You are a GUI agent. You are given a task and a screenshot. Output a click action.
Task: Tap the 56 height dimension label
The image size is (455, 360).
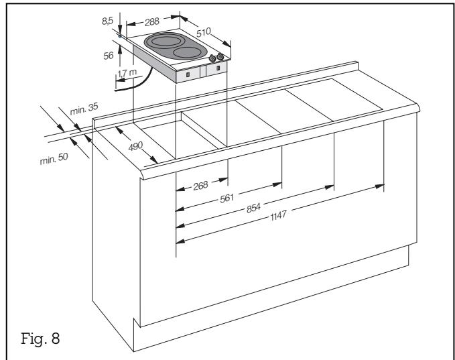107,58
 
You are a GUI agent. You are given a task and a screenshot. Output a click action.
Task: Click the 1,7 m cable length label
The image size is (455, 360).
125,72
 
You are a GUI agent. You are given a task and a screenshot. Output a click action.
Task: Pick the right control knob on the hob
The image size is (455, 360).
222,57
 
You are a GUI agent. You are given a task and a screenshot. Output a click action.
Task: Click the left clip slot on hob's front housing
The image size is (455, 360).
187,74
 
